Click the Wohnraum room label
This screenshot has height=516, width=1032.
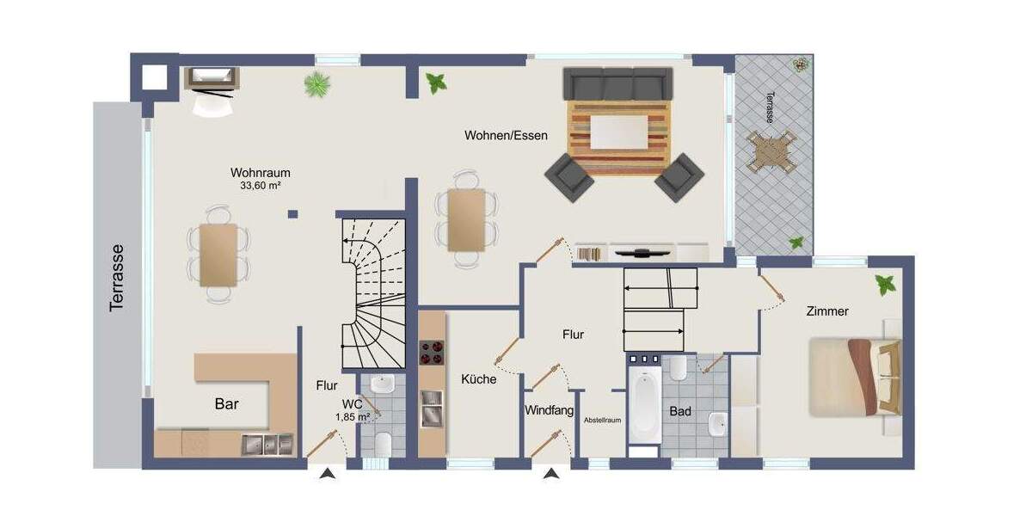(260, 172)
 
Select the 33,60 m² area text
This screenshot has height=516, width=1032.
(260, 185)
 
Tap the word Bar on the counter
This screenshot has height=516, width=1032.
(227, 403)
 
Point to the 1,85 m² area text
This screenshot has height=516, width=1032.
(353, 417)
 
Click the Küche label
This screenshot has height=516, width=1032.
(478, 378)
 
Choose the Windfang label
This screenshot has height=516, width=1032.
(549, 411)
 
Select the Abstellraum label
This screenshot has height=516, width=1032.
(603, 421)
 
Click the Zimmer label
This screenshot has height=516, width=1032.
(827, 311)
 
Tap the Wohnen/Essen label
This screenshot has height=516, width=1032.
(506, 135)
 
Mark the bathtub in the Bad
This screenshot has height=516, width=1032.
(644, 406)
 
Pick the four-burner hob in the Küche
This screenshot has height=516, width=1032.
(431, 353)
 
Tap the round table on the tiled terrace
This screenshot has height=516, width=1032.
(769, 153)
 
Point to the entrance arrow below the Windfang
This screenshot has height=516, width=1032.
(550, 473)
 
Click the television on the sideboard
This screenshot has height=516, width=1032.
(642, 252)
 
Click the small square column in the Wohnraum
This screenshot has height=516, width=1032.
(293, 214)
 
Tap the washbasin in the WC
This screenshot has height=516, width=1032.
(381, 383)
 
